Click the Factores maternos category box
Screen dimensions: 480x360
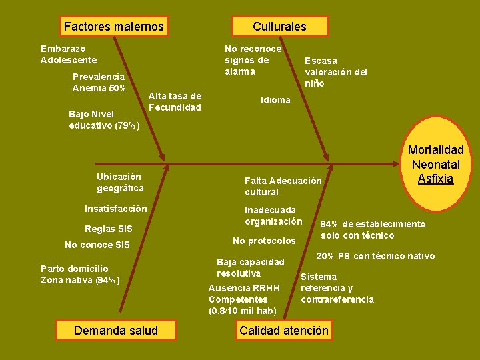click(113, 27)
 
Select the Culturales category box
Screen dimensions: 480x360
click(279, 27)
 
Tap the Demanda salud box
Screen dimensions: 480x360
click(116, 331)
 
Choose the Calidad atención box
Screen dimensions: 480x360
click(284, 331)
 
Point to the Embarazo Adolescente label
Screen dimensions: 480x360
click(69, 54)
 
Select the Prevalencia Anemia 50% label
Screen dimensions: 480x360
click(98, 83)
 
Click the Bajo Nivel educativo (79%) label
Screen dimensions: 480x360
click(103, 119)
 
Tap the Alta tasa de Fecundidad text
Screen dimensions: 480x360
click(175, 102)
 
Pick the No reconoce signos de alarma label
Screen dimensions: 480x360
click(253, 60)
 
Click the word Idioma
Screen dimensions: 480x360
click(275, 100)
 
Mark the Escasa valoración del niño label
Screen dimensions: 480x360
click(335, 72)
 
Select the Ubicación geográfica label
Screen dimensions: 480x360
click(120, 183)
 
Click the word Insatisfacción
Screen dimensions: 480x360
click(116, 209)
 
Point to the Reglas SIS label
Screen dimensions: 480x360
click(109, 229)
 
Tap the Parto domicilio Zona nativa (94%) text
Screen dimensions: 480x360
click(80, 274)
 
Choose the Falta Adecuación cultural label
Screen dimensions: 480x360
click(283, 187)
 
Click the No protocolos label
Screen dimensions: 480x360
click(263, 241)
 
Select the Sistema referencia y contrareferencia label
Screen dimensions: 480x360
click(337, 288)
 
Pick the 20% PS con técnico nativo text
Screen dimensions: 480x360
click(375, 257)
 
